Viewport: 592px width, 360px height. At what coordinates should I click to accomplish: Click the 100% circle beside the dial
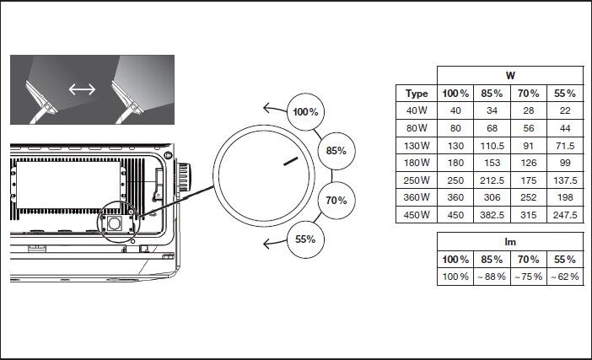click(305, 112)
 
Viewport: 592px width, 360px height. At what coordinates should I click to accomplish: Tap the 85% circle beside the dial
click(336, 151)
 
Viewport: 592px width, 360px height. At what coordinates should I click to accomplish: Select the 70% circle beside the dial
click(336, 201)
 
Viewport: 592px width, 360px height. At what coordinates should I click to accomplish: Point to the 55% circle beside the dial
click(305, 239)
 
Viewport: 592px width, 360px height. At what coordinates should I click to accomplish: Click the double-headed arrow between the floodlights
click(81, 89)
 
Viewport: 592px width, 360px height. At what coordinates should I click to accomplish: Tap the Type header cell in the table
click(417, 94)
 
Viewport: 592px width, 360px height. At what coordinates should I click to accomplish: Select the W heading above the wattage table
click(510, 76)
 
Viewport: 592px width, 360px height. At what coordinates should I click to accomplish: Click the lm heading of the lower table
click(510, 242)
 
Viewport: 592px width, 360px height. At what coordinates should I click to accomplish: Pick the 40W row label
click(417, 111)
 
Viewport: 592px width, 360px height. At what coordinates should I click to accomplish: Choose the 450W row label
click(417, 215)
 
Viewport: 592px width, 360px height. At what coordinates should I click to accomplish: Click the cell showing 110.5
click(492, 146)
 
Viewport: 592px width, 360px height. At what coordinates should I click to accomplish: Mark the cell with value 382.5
click(492, 215)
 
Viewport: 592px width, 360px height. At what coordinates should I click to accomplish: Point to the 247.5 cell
click(565, 215)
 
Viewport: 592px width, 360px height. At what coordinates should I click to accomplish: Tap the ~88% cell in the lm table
click(492, 277)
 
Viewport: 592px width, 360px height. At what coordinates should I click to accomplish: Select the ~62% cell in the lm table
click(565, 277)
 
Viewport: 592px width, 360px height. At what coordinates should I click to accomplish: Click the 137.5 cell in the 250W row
click(565, 180)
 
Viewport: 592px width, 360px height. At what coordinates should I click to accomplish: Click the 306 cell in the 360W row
click(492, 197)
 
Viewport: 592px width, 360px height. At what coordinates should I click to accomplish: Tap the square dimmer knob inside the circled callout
click(116, 223)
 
